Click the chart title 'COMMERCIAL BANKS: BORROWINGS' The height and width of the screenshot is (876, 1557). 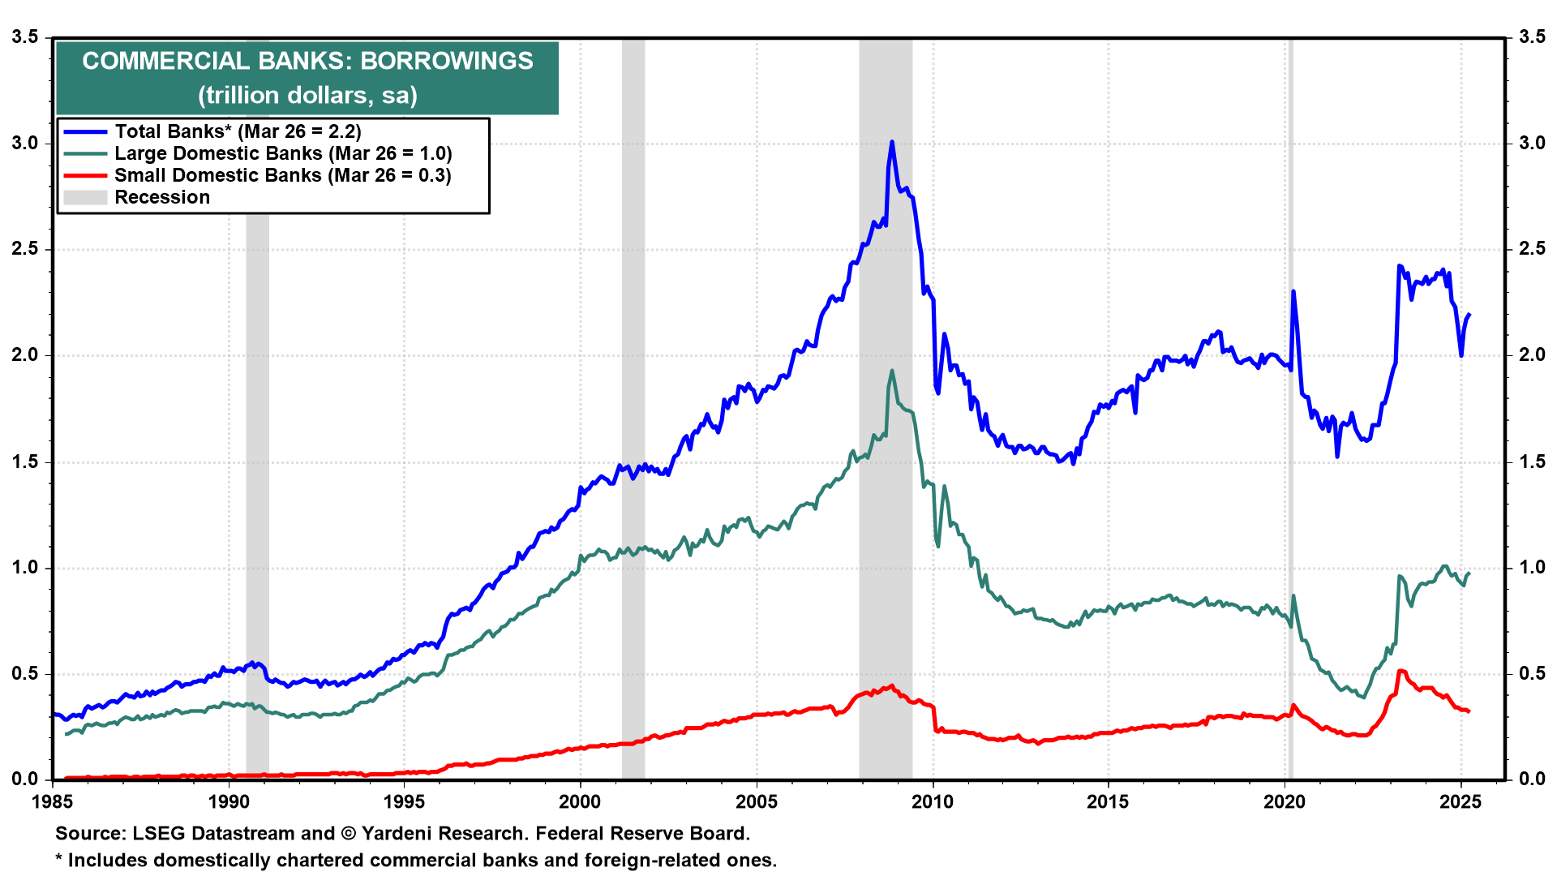click(307, 61)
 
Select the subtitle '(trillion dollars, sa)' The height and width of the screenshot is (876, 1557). click(307, 96)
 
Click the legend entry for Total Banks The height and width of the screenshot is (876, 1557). click(238, 131)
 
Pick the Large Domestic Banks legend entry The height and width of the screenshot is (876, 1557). click(283, 153)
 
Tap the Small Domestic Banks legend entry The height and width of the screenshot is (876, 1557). click(282, 175)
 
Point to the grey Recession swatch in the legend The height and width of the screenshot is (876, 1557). click(85, 197)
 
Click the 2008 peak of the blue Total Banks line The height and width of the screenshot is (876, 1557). click(892, 142)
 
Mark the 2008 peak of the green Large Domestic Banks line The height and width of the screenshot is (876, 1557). click(892, 371)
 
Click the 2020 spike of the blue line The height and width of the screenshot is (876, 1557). click(1293, 291)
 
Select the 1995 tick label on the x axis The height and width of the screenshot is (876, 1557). click(404, 802)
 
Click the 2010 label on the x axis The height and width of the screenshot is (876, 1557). click(933, 802)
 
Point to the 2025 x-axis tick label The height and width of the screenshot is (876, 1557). click(1460, 802)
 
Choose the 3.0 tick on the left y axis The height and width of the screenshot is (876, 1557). click(25, 144)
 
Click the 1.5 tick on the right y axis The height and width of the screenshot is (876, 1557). click(1532, 462)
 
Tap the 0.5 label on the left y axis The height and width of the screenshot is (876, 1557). click(25, 674)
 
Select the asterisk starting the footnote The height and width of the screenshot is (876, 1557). click(59, 858)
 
